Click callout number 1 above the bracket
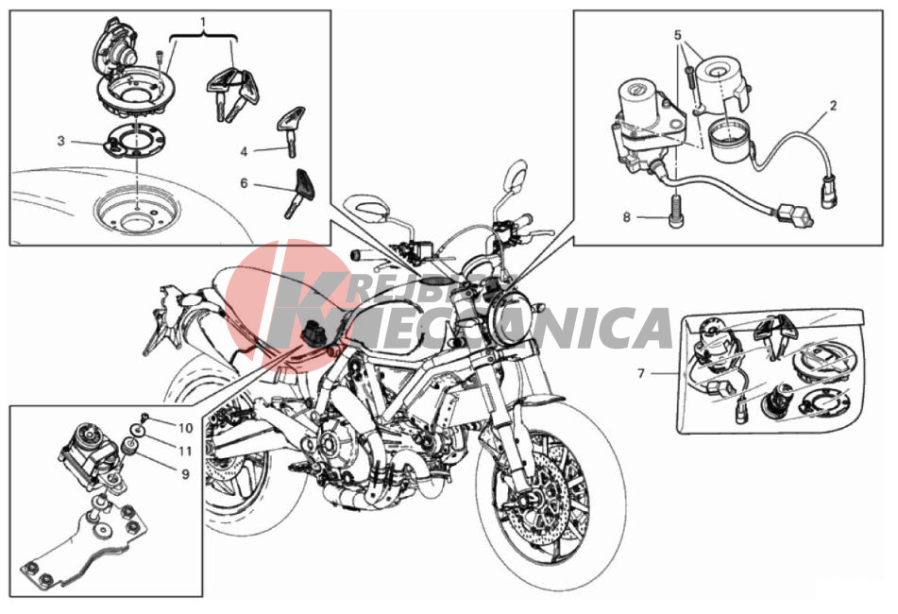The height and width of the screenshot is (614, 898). click(x=203, y=23)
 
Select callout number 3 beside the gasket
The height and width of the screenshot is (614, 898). click(x=61, y=141)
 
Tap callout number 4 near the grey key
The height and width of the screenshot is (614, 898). click(x=244, y=152)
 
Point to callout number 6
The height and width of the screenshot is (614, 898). click(x=244, y=183)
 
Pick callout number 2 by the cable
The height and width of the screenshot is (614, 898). click(x=833, y=106)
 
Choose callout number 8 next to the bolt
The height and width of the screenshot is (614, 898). click(x=627, y=217)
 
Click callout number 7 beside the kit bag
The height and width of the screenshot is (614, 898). click(x=641, y=373)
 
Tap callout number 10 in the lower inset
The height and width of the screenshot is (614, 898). click(x=186, y=428)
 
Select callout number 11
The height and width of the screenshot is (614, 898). click(x=184, y=452)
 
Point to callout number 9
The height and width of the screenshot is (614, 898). click(x=185, y=474)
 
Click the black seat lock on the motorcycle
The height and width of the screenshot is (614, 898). click(x=313, y=333)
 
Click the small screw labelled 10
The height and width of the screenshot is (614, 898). click(x=144, y=416)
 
